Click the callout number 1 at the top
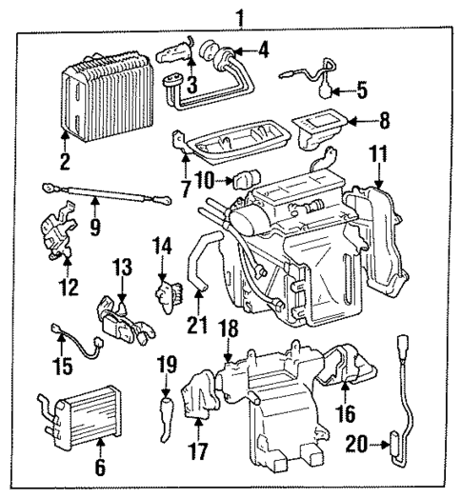(241, 16)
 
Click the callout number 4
(264, 48)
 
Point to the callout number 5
(361, 91)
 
